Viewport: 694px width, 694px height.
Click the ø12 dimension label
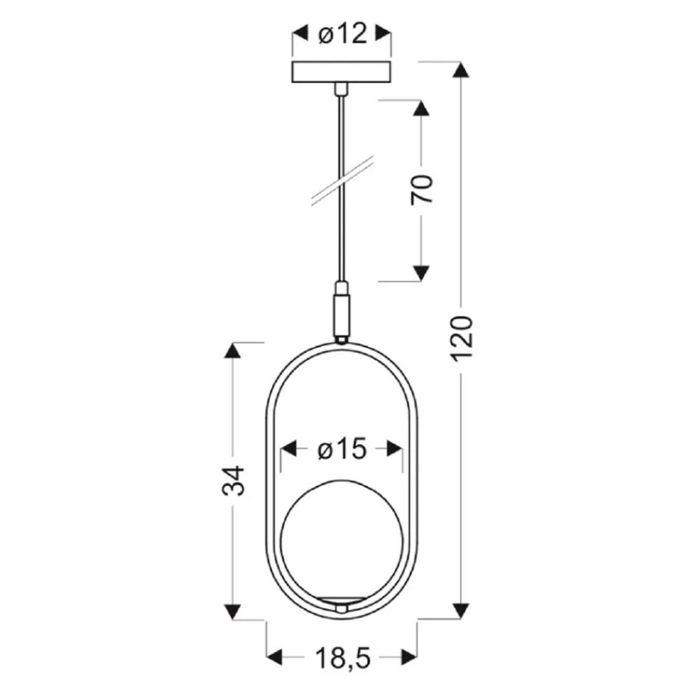pos(343,34)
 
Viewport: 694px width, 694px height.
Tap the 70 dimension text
pos(421,189)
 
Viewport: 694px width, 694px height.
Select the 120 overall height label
pos(462,338)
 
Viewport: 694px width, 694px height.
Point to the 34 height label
pos(232,480)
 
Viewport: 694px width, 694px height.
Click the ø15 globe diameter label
pos(342,449)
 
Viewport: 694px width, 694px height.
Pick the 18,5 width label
pos(343,658)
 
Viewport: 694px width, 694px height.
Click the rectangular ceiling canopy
pos(342,72)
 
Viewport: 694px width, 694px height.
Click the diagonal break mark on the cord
pos(343,180)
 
